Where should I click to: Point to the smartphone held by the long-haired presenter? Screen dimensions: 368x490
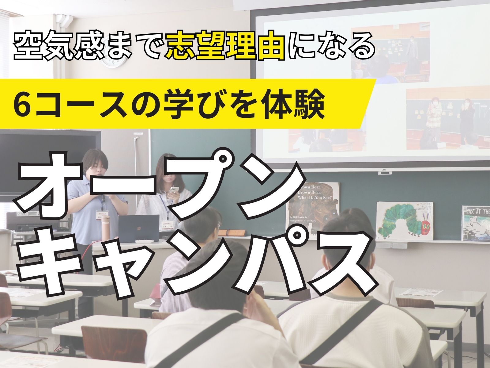(173, 192)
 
